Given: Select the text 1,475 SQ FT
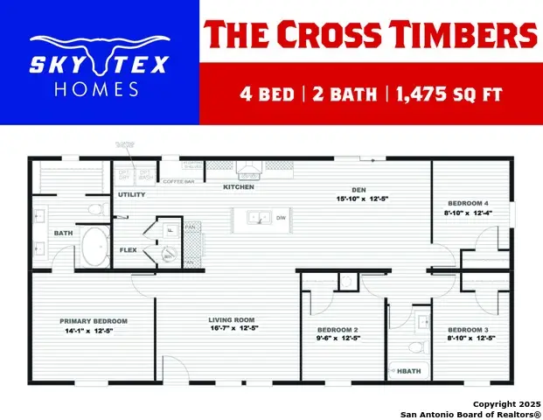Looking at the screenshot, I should point(451,94).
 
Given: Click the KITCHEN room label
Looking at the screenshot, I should point(239,187).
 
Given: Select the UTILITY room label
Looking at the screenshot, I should point(132,194).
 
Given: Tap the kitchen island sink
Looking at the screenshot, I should point(257,217).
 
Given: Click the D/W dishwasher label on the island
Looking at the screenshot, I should point(282,217).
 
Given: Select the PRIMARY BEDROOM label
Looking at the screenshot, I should point(94,321).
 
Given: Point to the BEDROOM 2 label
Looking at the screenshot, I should point(338,329).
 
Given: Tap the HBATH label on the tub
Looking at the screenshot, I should point(408,371).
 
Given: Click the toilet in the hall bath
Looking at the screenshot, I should point(416,346).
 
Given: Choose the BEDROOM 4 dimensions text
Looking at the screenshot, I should point(470,212).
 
